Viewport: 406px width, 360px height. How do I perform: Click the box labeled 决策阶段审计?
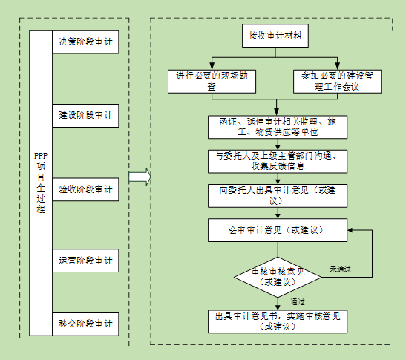click(x=85, y=42)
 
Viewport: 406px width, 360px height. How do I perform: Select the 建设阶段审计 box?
click(x=85, y=116)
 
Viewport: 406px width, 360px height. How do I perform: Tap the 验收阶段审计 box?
click(x=85, y=189)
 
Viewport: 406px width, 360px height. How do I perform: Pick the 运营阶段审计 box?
click(x=85, y=261)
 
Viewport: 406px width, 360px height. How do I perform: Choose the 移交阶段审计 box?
click(x=85, y=324)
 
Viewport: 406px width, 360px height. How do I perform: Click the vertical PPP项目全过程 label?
click(x=41, y=183)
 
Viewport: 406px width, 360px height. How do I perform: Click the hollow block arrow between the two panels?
click(x=140, y=177)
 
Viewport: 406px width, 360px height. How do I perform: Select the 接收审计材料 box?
click(x=275, y=36)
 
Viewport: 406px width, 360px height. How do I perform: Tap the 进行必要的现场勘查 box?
click(x=212, y=82)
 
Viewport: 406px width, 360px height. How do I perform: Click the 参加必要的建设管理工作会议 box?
click(x=337, y=82)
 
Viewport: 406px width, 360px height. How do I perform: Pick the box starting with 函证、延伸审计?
click(x=278, y=127)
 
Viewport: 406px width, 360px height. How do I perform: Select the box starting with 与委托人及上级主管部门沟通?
click(x=278, y=161)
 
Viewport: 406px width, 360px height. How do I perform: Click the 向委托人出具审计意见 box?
click(x=278, y=196)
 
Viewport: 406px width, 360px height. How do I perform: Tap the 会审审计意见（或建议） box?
click(x=278, y=230)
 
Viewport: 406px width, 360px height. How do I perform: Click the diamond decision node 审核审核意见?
click(x=278, y=277)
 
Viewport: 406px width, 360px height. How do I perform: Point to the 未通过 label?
click(x=340, y=269)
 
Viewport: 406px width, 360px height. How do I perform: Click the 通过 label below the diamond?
click(x=297, y=301)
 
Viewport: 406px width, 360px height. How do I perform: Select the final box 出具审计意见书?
click(x=278, y=321)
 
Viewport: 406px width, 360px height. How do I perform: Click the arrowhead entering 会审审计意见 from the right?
click(x=350, y=230)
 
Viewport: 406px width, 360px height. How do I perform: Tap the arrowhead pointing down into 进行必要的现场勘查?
click(x=212, y=66)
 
